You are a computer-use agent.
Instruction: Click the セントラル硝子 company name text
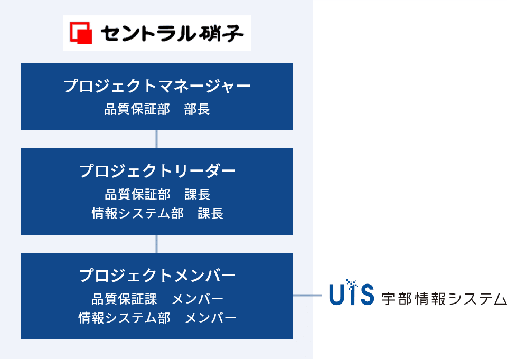tap(172, 33)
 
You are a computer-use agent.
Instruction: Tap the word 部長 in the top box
tap(197, 109)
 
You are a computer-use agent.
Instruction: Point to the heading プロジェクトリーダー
tap(157, 171)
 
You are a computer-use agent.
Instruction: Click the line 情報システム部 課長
tap(157, 214)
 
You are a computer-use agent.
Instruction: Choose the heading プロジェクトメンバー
tap(157, 276)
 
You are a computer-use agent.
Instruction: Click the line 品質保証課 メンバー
tap(157, 299)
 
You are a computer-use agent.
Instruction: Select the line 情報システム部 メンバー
tap(157, 318)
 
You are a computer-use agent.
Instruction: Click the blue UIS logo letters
tap(351, 295)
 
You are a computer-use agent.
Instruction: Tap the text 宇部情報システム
tap(444, 299)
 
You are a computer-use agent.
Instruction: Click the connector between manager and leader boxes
tap(157, 139)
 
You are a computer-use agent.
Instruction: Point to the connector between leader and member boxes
tap(157, 243)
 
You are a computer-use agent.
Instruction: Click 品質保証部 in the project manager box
tap(137, 109)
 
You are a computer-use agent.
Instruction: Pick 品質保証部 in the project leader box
tap(137, 194)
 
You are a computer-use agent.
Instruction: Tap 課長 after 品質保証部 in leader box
tap(198, 194)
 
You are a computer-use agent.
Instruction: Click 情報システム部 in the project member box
tap(124, 318)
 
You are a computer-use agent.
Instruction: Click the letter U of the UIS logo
tap(337, 295)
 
